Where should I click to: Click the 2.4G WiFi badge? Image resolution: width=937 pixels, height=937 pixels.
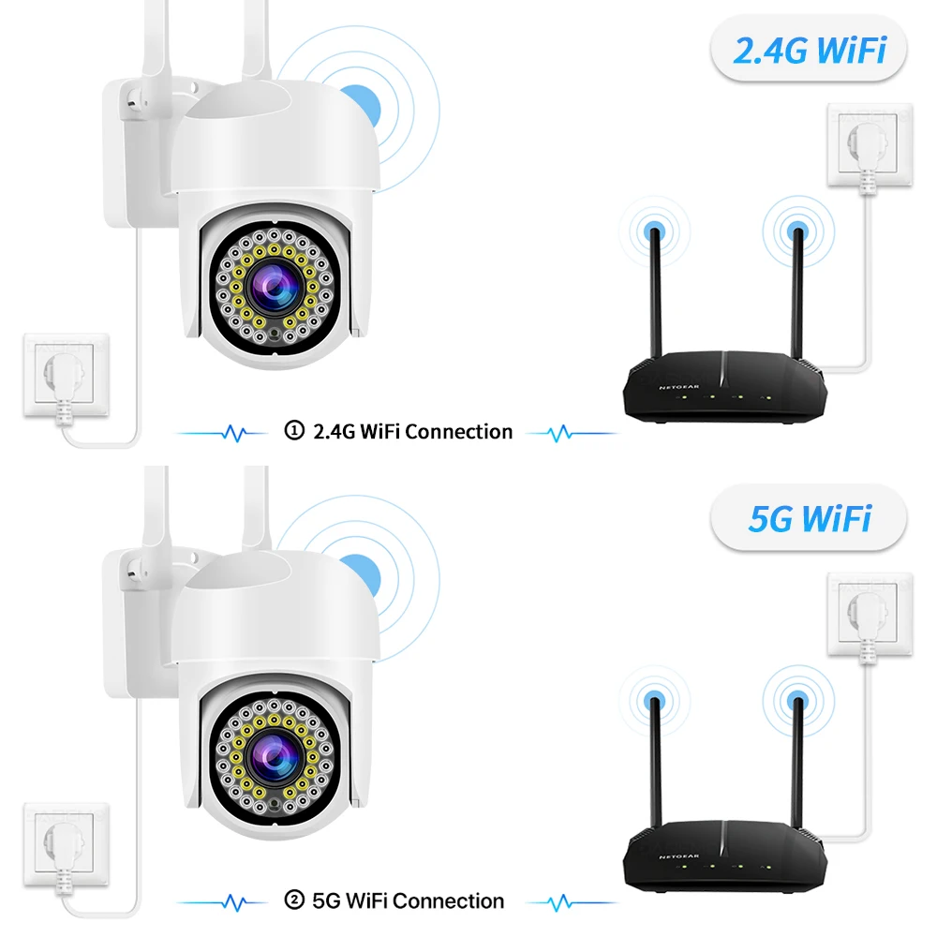pos(809,50)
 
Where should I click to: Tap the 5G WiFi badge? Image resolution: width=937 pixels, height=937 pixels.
pos(809,517)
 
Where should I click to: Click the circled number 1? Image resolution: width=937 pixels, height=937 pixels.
pos(293,431)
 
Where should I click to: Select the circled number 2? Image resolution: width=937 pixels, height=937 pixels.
pos(293,900)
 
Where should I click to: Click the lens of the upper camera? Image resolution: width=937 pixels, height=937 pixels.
pos(273,289)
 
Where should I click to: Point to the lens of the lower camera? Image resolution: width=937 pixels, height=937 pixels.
pos(273,757)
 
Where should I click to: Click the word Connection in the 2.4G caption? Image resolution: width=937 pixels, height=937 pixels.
pos(459,432)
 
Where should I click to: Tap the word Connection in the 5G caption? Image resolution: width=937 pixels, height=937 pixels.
pos(449,901)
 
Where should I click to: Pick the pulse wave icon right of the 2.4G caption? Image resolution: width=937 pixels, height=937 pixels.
pos(562,433)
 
